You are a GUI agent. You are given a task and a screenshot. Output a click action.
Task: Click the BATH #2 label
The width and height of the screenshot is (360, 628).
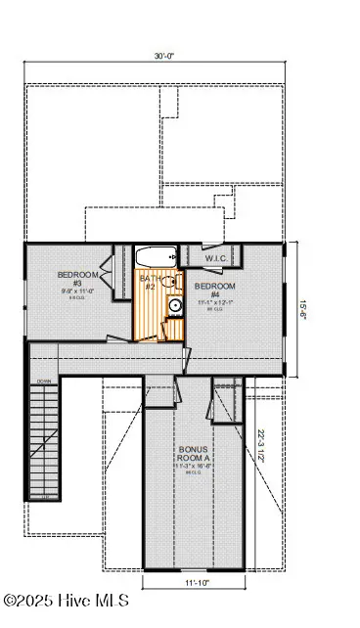151,283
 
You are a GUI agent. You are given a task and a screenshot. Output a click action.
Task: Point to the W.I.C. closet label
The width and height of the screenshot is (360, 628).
215,258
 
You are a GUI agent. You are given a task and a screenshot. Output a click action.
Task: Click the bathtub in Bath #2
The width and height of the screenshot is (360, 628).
156,258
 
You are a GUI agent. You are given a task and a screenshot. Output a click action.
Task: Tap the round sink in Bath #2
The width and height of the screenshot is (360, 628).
174,304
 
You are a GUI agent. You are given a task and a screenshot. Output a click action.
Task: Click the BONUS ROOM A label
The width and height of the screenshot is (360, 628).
193,457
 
